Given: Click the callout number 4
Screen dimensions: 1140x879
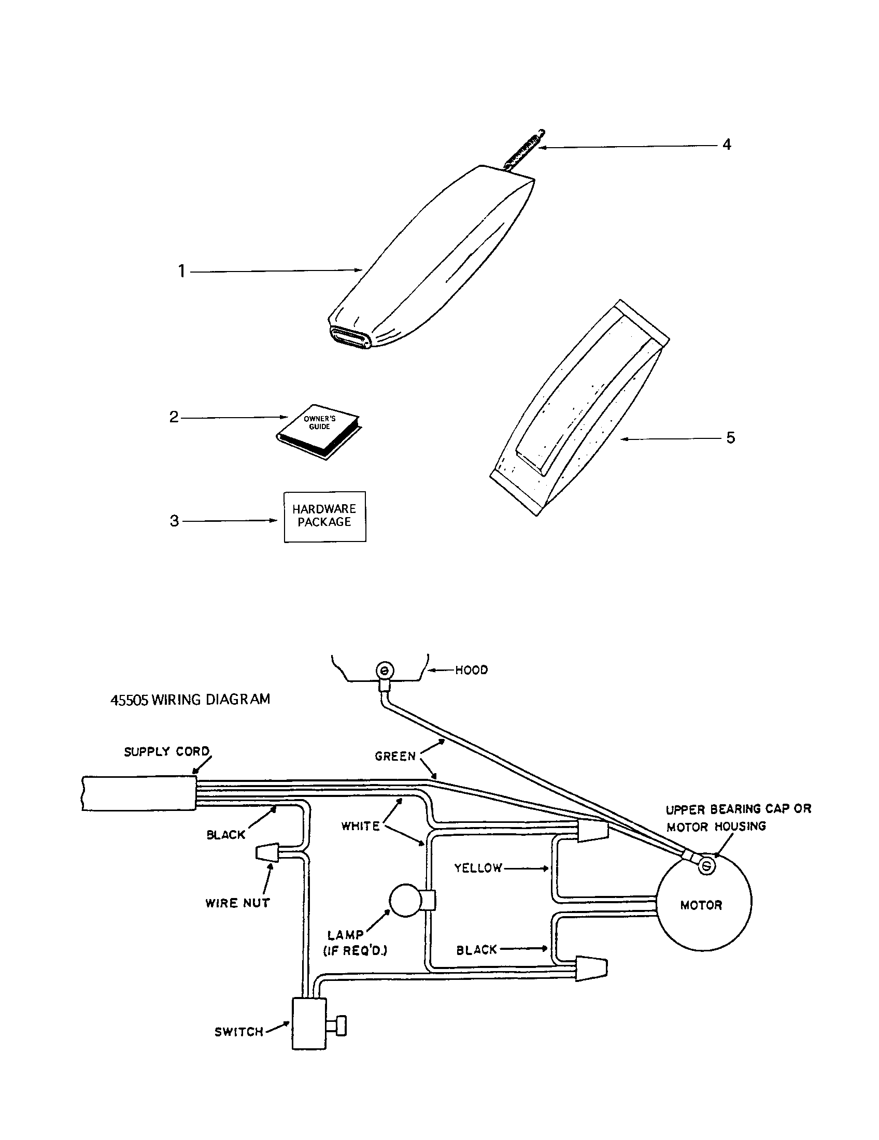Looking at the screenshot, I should pyautogui.click(x=726, y=145).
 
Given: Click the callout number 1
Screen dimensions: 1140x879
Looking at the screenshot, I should pyautogui.click(x=181, y=272).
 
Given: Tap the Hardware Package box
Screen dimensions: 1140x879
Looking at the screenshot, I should pyautogui.click(x=324, y=516).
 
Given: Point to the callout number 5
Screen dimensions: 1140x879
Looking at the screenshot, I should pyautogui.click(x=730, y=438).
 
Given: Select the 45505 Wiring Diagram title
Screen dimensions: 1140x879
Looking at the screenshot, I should pyautogui.click(x=190, y=700).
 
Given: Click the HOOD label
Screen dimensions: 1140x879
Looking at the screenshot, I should pyautogui.click(x=471, y=670).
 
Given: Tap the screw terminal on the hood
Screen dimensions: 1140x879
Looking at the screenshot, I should pyautogui.click(x=385, y=669).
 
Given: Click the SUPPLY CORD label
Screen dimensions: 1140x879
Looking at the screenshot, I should pyautogui.click(x=166, y=752).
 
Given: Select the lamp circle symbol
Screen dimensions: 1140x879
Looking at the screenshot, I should pyautogui.click(x=406, y=900).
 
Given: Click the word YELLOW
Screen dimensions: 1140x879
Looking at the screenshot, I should pyautogui.click(x=478, y=868).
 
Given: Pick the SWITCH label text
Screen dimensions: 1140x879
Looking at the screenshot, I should pyautogui.click(x=239, y=1032).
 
